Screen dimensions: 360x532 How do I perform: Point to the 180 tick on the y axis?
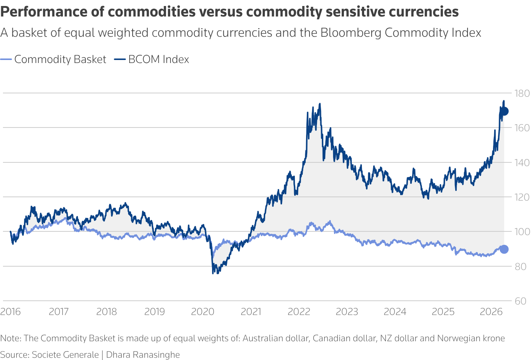click(x=522, y=93)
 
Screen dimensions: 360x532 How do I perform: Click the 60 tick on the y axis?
click(x=522, y=301)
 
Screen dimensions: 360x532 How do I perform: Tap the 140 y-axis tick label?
click(x=522, y=163)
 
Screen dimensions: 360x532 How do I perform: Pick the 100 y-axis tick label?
click(x=522, y=232)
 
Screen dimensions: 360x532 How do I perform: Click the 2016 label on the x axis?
click(x=10, y=312)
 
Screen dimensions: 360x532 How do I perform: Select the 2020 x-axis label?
click(x=203, y=312)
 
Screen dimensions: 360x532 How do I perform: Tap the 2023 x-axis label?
click(x=347, y=312)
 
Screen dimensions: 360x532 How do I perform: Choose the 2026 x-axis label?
click(x=491, y=312)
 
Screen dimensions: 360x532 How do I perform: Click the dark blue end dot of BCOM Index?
click(x=504, y=111)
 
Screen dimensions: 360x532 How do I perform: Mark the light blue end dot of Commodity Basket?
click(x=504, y=249)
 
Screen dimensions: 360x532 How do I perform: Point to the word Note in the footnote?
click(x=10, y=338)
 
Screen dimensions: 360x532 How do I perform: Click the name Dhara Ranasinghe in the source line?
click(x=143, y=355)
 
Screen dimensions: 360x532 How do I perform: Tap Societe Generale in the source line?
click(x=65, y=355)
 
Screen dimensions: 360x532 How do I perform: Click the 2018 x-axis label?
click(x=107, y=312)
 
